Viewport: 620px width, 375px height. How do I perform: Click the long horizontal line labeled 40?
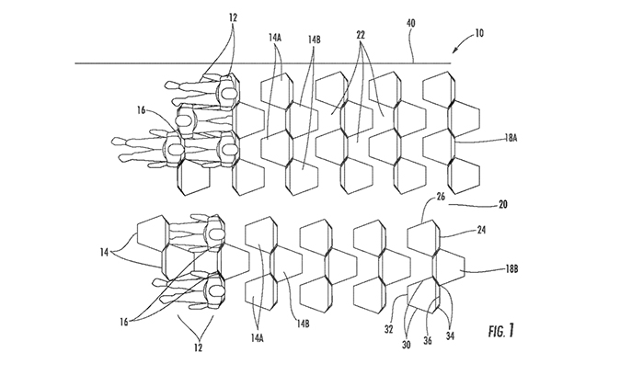pos(276,62)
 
